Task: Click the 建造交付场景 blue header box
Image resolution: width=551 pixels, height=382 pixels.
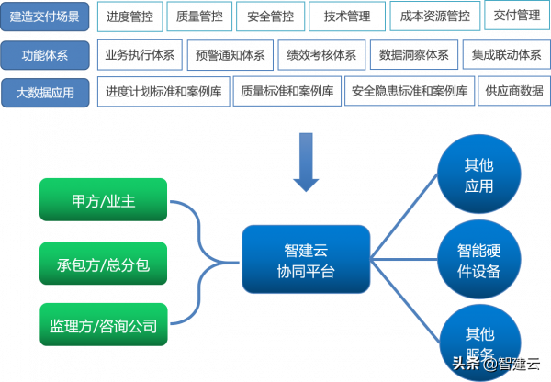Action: (x=46, y=17)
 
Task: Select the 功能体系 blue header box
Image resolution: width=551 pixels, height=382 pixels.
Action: (x=46, y=55)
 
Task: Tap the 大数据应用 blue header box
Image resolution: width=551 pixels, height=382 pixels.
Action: (x=46, y=92)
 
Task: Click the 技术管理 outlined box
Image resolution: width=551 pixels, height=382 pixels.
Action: (x=346, y=17)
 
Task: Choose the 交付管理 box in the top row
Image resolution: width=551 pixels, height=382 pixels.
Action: (x=516, y=16)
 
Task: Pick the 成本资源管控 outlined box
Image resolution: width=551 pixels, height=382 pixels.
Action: (x=435, y=17)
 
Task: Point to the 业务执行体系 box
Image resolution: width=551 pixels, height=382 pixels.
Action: (x=140, y=55)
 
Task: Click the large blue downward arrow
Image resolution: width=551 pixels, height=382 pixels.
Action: (x=305, y=162)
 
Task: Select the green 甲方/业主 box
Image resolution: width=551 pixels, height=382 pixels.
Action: (x=103, y=200)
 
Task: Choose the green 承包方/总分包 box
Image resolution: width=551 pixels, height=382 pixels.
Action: (x=103, y=264)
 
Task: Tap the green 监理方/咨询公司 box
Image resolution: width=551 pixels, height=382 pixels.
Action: (x=103, y=325)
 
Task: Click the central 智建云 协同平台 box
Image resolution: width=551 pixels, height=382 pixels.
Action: (x=306, y=260)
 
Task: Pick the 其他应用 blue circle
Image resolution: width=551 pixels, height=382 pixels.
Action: (x=478, y=175)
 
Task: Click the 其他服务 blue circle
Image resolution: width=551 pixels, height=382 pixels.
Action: (x=478, y=340)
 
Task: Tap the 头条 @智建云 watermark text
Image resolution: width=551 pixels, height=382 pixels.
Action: (x=496, y=364)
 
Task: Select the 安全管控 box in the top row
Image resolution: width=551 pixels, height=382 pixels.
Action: (x=271, y=17)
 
